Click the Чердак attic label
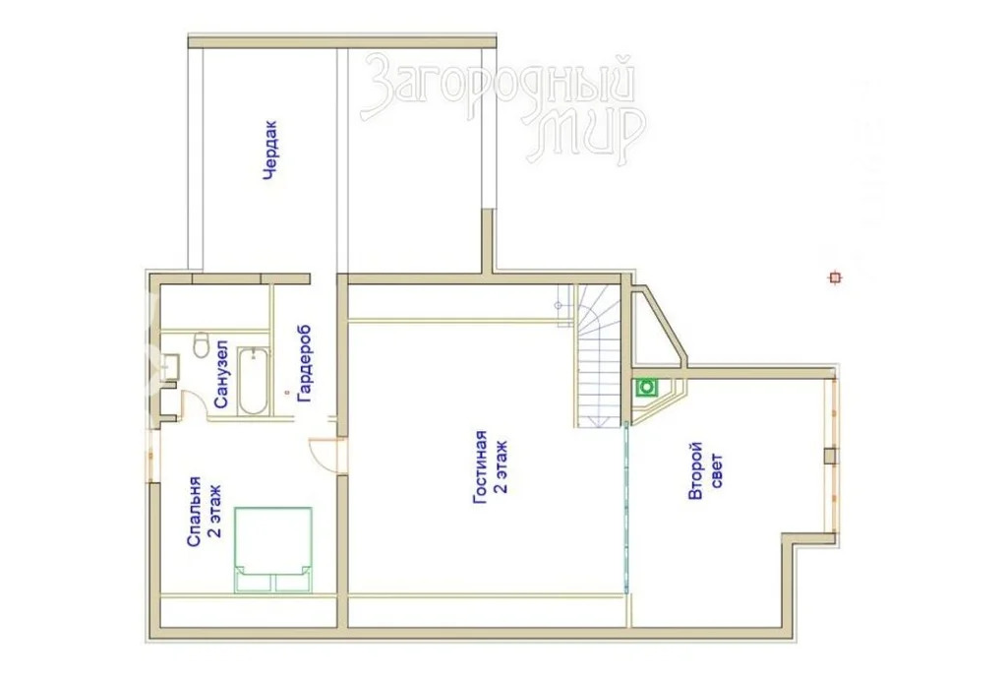click(x=271, y=150)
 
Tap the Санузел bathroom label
click(x=221, y=374)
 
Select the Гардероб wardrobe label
click(x=305, y=364)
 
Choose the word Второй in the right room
click(x=696, y=470)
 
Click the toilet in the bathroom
click(x=202, y=344)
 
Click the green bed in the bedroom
click(x=273, y=549)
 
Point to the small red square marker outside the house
click(x=835, y=278)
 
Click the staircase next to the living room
click(x=597, y=356)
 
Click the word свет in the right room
click(x=717, y=470)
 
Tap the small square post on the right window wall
click(x=830, y=455)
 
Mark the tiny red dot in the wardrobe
click(x=287, y=391)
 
